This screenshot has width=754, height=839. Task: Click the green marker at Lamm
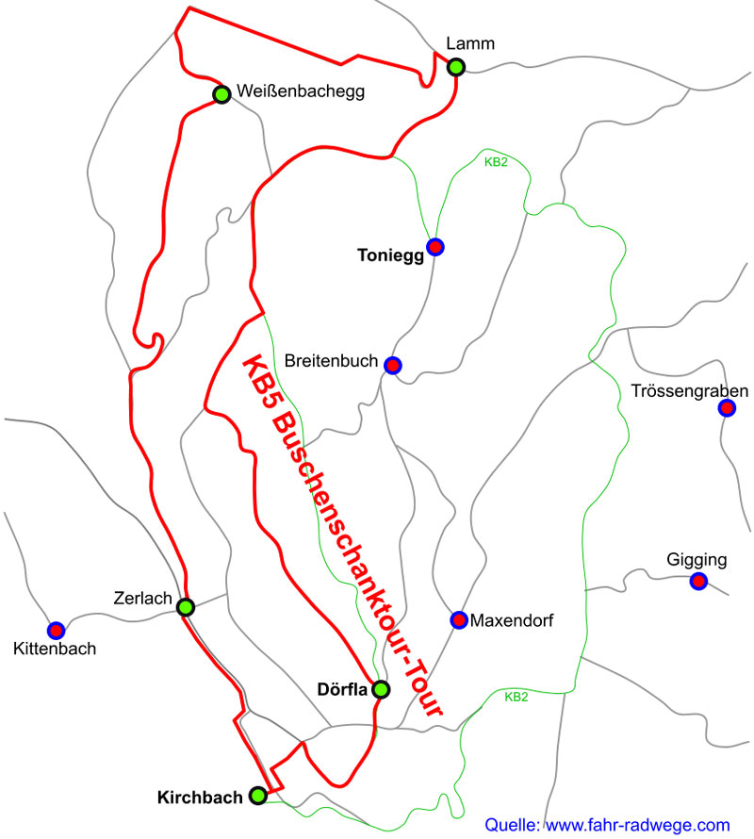click(x=456, y=66)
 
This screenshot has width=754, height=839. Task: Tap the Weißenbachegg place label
click(x=301, y=92)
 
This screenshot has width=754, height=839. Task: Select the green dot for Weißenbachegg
click(x=222, y=94)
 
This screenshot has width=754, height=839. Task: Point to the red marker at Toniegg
click(x=435, y=247)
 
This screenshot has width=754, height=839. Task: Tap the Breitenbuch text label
click(x=331, y=362)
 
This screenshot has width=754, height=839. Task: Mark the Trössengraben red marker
click(x=727, y=408)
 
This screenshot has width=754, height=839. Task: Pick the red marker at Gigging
click(x=698, y=581)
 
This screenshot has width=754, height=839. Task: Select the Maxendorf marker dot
click(x=459, y=619)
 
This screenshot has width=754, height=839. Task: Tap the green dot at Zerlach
click(x=186, y=607)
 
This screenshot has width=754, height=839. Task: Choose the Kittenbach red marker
click(x=56, y=630)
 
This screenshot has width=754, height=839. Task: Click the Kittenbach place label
click(x=56, y=649)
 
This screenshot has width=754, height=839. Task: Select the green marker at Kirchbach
click(x=258, y=796)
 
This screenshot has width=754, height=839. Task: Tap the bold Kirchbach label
click(x=200, y=798)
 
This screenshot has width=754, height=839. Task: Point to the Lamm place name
click(x=471, y=43)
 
